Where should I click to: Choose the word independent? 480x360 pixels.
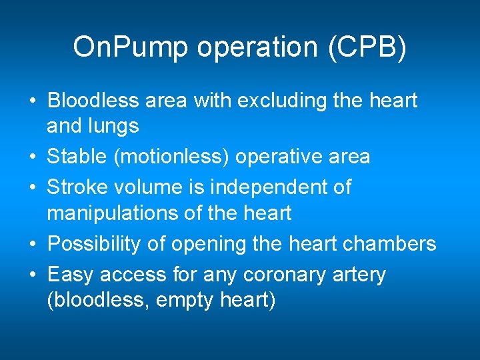(265, 187)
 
